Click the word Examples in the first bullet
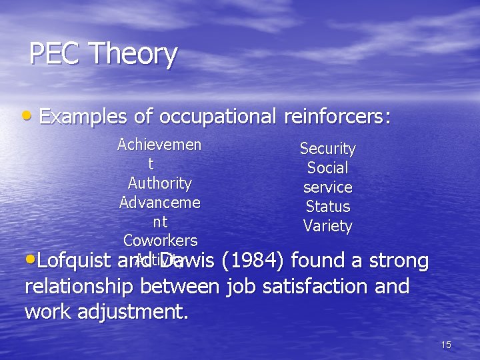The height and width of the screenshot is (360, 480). (83, 117)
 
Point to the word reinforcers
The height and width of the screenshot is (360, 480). (337, 117)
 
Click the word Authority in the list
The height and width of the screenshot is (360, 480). (160, 183)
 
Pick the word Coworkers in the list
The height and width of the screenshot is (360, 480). (160, 240)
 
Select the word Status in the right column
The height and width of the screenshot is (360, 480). (327, 207)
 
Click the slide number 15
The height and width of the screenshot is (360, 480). (446, 345)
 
